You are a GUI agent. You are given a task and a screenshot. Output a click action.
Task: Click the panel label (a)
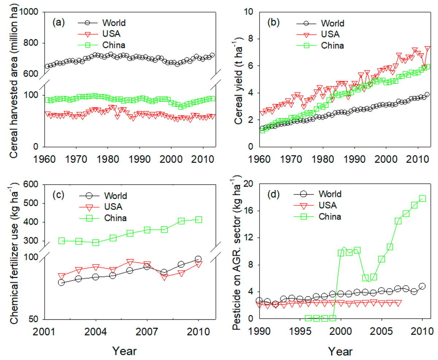pyautogui.click(x=58, y=23)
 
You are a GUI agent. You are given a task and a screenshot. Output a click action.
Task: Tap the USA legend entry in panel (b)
pyautogui.click(x=330, y=35)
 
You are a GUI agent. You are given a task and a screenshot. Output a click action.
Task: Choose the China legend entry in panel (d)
pyautogui.click(x=330, y=216)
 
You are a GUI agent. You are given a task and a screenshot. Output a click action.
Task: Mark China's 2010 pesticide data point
pyautogui.click(x=422, y=198)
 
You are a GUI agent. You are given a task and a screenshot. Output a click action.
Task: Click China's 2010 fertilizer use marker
pyautogui.click(x=198, y=220)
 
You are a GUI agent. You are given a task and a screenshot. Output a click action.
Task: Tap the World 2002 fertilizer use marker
pyautogui.click(x=61, y=282)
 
